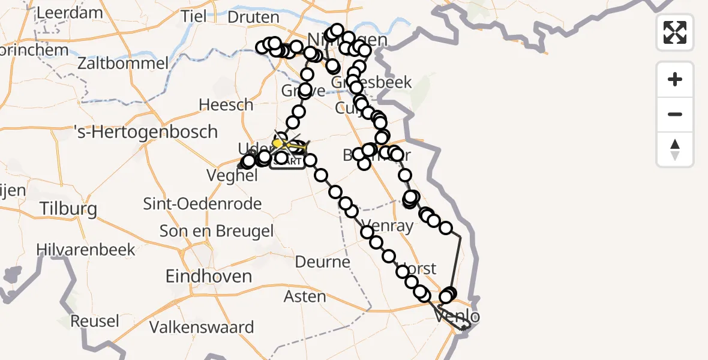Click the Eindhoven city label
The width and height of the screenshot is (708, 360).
pos(209,277)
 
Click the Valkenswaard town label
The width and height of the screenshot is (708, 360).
pos(202,328)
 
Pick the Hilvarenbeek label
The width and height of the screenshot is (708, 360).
pos(86,250)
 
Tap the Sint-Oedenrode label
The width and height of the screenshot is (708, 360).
pos(202,204)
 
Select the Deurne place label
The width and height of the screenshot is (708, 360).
pos(323,262)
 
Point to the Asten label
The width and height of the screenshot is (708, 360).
pos(305,296)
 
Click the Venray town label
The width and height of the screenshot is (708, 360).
pos(388,226)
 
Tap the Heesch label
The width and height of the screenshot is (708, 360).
pos(226,105)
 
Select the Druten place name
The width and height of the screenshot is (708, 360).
pos(254,17)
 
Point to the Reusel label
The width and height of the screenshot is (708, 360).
pos(95,321)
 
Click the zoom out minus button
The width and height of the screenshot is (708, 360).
pos(675,114)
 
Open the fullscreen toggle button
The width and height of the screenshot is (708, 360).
pos(675,32)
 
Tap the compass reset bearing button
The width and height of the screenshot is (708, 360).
pos(675,149)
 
